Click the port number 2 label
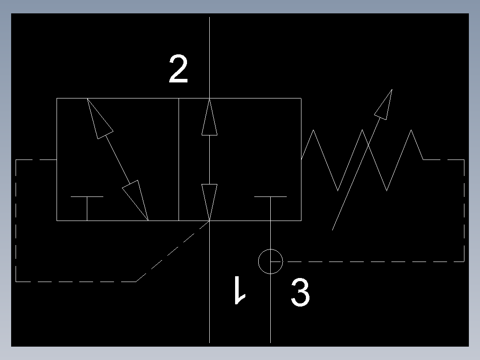pyautogui.click(x=179, y=69)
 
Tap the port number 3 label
pyautogui.click(x=300, y=292)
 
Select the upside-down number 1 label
pyautogui.click(x=240, y=290)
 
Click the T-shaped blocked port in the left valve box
pyautogui.click(x=87, y=202)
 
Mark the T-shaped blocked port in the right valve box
pyautogui.click(x=271, y=202)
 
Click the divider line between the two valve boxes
pyautogui.click(x=179, y=160)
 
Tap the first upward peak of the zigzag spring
pyautogui.click(x=313, y=130)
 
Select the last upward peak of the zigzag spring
pyautogui.click(x=411, y=130)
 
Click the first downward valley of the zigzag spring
pyautogui.click(x=338, y=191)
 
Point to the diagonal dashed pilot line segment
pyautogui.click(x=173, y=251)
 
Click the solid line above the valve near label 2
pyautogui.click(x=209, y=57)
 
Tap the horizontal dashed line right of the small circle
pyautogui.click(x=376, y=262)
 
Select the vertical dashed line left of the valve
pyautogui.click(x=16, y=221)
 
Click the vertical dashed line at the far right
pyautogui.click(x=464, y=211)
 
